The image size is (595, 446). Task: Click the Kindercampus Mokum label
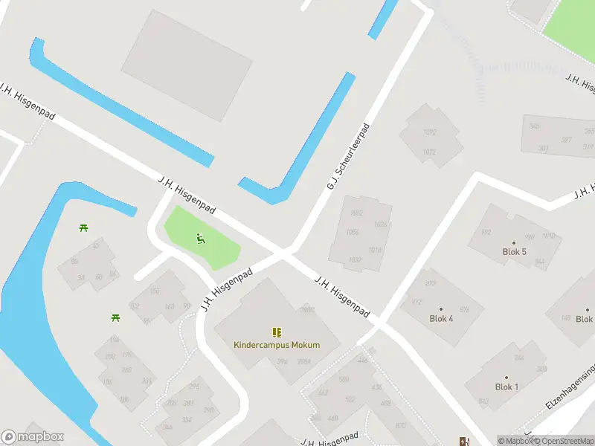[x=277, y=345]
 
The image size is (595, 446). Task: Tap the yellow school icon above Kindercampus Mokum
[x=277, y=332]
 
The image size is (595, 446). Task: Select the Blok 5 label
[x=514, y=252]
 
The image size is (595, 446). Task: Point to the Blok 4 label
[x=441, y=318]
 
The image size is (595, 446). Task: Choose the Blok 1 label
[x=506, y=387]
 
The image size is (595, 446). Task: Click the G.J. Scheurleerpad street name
[x=348, y=156]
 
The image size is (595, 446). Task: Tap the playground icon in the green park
[x=200, y=239]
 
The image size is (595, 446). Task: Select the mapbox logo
[x=33, y=437]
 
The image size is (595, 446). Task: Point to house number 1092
[x=429, y=133]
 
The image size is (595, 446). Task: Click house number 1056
[x=353, y=232]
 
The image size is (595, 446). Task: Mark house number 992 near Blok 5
[x=486, y=232]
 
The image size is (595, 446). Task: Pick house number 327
[x=567, y=140]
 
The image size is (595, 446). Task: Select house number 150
[x=155, y=291]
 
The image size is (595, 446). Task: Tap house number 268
[x=126, y=369]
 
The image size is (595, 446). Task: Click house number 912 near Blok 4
[x=416, y=302]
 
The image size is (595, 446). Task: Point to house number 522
[x=350, y=398]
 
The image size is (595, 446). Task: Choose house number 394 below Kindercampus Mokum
[x=282, y=362]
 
